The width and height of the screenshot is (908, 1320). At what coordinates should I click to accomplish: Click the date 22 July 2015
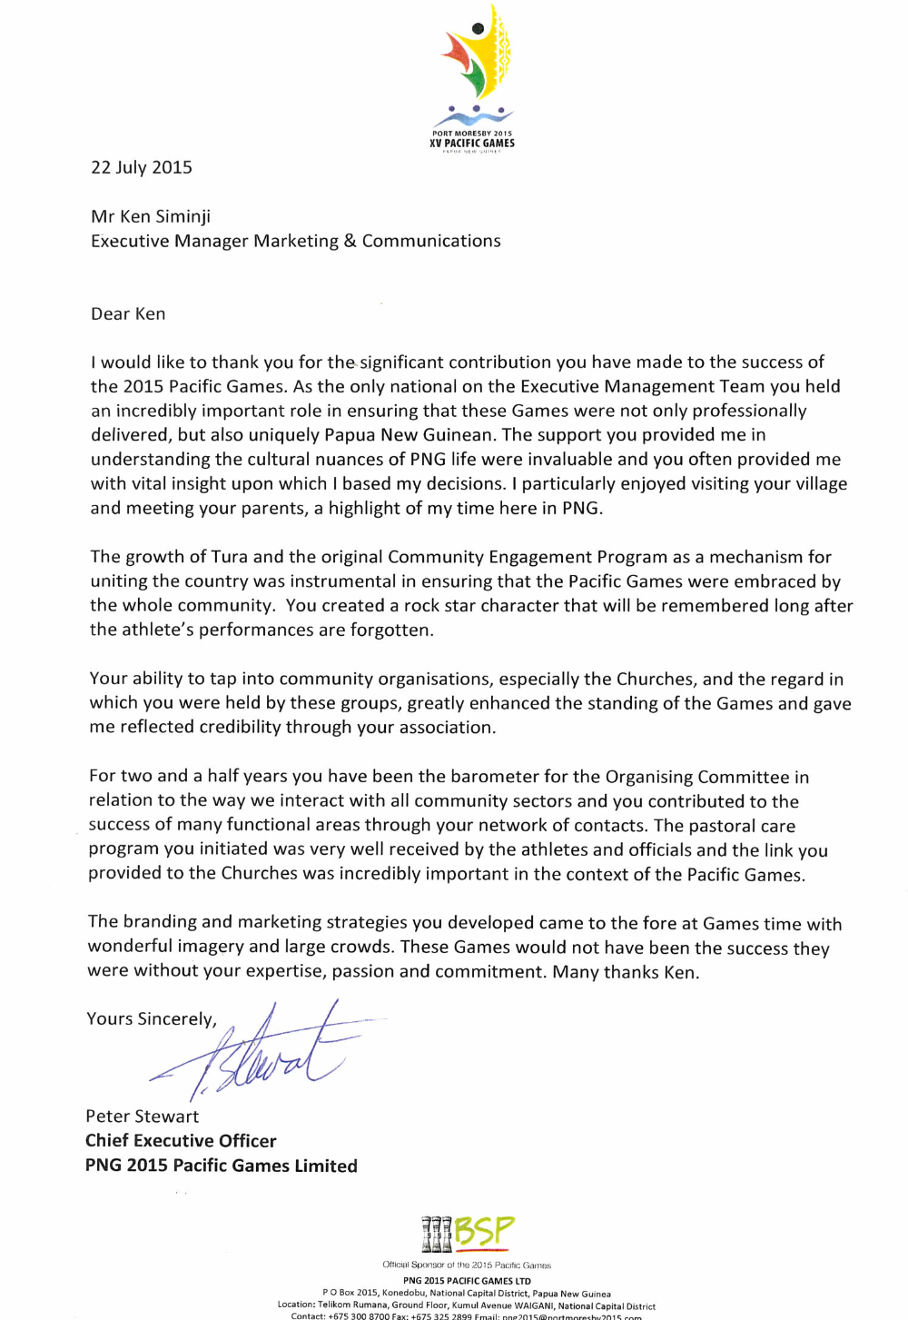coord(142,167)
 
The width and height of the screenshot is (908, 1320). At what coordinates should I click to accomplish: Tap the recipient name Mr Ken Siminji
coord(151,216)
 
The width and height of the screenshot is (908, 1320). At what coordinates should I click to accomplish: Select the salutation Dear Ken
coord(128,314)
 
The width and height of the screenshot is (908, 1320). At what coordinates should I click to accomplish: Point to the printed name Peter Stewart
coord(142,1117)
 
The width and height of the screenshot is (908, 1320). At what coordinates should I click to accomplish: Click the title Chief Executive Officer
coord(181,1141)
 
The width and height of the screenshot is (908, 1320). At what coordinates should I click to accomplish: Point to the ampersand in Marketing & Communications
coord(350,242)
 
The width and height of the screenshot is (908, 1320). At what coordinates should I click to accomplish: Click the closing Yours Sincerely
coord(151,1019)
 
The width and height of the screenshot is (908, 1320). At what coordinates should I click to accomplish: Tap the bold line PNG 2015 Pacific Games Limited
coord(221,1166)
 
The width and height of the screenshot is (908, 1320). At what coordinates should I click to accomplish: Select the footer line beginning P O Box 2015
coord(466,1294)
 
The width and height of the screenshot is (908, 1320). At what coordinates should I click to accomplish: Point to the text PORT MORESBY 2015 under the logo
coord(471,134)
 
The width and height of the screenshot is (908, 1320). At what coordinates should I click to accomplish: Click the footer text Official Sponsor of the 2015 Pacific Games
coord(466,1265)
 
